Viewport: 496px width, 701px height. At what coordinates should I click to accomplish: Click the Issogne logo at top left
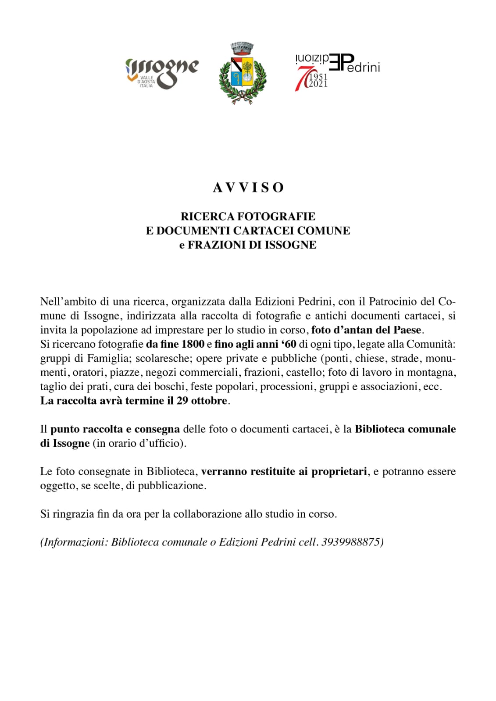tap(162, 72)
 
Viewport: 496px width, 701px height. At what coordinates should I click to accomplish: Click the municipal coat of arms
tap(243, 73)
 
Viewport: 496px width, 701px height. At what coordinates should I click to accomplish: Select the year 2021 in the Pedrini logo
tap(318, 84)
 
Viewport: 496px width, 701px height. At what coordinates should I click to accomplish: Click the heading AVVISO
tap(248, 188)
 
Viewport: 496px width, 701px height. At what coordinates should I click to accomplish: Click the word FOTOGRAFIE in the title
tap(276, 216)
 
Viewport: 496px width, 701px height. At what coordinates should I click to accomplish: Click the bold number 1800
tap(193, 344)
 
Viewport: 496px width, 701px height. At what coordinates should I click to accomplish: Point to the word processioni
tap(287, 387)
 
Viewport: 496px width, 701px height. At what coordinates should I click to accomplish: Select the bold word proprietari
tap(339, 471)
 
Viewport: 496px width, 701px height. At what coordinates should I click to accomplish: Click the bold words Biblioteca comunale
tap(405, 429)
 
